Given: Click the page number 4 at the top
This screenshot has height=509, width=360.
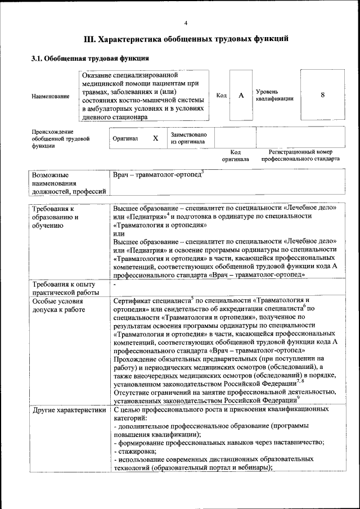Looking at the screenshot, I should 186,22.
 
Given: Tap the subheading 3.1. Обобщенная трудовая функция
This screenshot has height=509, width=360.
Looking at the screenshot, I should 90,58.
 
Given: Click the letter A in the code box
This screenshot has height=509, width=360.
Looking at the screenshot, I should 241,96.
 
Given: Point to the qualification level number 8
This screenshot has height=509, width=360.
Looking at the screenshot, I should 322,95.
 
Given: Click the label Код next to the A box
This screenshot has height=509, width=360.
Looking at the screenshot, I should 222,96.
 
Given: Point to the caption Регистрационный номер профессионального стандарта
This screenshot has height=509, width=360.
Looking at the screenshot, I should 300,155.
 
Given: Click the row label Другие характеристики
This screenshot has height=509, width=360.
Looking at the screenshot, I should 69,410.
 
